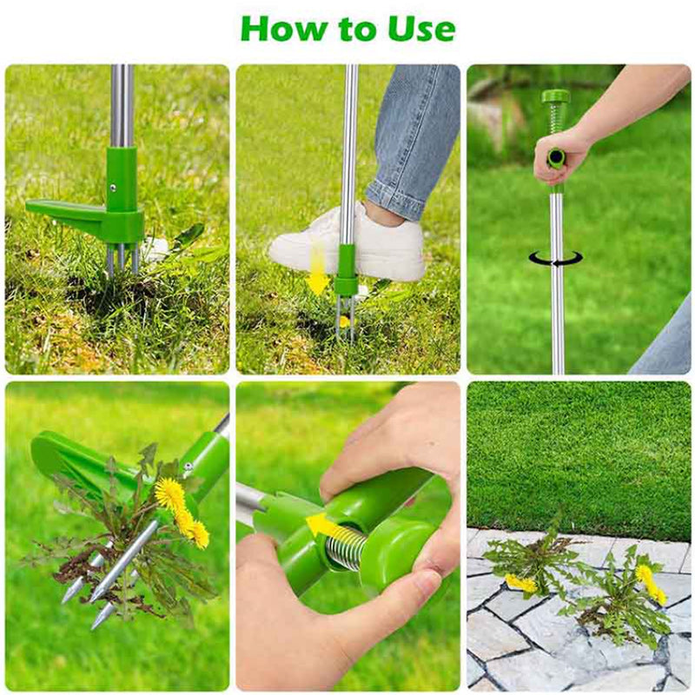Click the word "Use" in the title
(421, 29)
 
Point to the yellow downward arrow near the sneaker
(317, 269)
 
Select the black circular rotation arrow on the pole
(555, 258)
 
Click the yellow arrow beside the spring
(325, 526)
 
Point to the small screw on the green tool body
(114, 188)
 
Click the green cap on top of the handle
(554, 96)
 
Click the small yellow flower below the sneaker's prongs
(343, 321)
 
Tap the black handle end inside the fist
(555, 157)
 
